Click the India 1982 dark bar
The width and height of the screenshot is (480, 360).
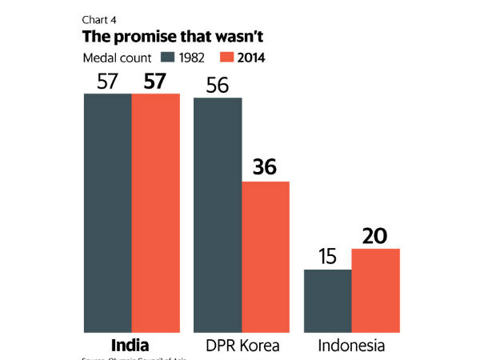click(x=108, y=212)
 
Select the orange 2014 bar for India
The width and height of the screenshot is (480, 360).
click(x=155, y=212)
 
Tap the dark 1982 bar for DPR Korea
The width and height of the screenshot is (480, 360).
click(x=218, y=214)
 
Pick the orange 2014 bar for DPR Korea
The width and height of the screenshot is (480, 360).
click(x=266, y=256)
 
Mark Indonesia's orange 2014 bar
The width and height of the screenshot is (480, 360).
click(x=376, y=290)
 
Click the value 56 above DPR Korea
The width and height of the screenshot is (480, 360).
click(x=218, y=84)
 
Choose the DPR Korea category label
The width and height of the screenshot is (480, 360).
click(x=242, y=346)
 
